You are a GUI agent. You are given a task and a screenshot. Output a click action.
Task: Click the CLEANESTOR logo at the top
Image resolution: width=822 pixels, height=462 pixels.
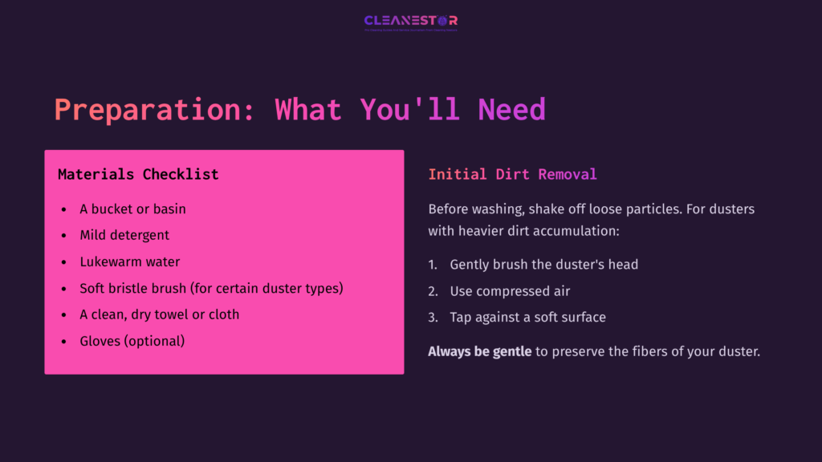coord(410,21)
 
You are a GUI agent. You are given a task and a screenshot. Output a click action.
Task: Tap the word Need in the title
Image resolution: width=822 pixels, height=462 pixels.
coord(511,110)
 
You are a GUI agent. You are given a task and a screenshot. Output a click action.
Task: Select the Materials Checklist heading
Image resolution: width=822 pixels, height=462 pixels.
coord(138,174)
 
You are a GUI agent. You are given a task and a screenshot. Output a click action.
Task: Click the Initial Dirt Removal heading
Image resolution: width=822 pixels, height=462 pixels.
coord(512,174)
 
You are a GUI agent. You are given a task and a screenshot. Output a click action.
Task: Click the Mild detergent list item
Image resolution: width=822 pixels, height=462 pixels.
coord(124,235)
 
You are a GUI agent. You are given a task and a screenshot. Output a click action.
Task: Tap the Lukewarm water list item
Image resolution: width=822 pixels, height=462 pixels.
coord(129,261)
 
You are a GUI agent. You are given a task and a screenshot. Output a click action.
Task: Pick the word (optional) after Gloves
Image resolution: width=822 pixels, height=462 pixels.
coord(155,341)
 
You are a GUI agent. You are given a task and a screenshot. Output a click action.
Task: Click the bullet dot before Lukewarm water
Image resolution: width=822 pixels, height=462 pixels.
coord(64,262)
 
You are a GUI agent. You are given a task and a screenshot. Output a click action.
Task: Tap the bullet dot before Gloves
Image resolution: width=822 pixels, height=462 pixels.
coord(64,342)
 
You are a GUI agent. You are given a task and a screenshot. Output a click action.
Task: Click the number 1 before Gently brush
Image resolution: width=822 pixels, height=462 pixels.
coord(432,264)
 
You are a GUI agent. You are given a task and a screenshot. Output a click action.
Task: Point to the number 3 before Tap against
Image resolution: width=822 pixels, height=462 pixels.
coord(432,317)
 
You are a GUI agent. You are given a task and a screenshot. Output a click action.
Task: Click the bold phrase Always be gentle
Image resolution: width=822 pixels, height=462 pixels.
coord(479,351)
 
